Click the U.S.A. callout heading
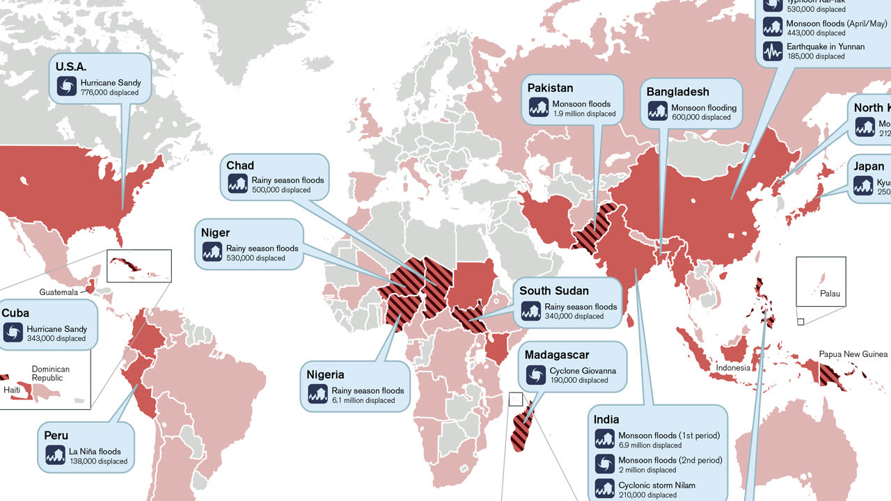pos(71,67)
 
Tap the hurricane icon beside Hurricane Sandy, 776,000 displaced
pos(68,87)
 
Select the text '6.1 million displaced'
pos(363,400)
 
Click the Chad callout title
pos(240,166)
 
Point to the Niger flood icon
pos(212,253)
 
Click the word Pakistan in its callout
pos(550,88)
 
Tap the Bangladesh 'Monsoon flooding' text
pos(703,108)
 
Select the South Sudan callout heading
pos(554,291)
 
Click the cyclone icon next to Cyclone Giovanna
pos(535,376)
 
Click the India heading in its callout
pos(606,420)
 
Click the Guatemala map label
pos(58,292)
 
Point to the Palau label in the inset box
pos(830,294)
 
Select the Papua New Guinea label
pos(853,354)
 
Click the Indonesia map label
pos(733,367)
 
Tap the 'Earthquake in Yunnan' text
pos(825,47)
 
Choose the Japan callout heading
pos(869,166)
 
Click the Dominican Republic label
pos(51,374)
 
